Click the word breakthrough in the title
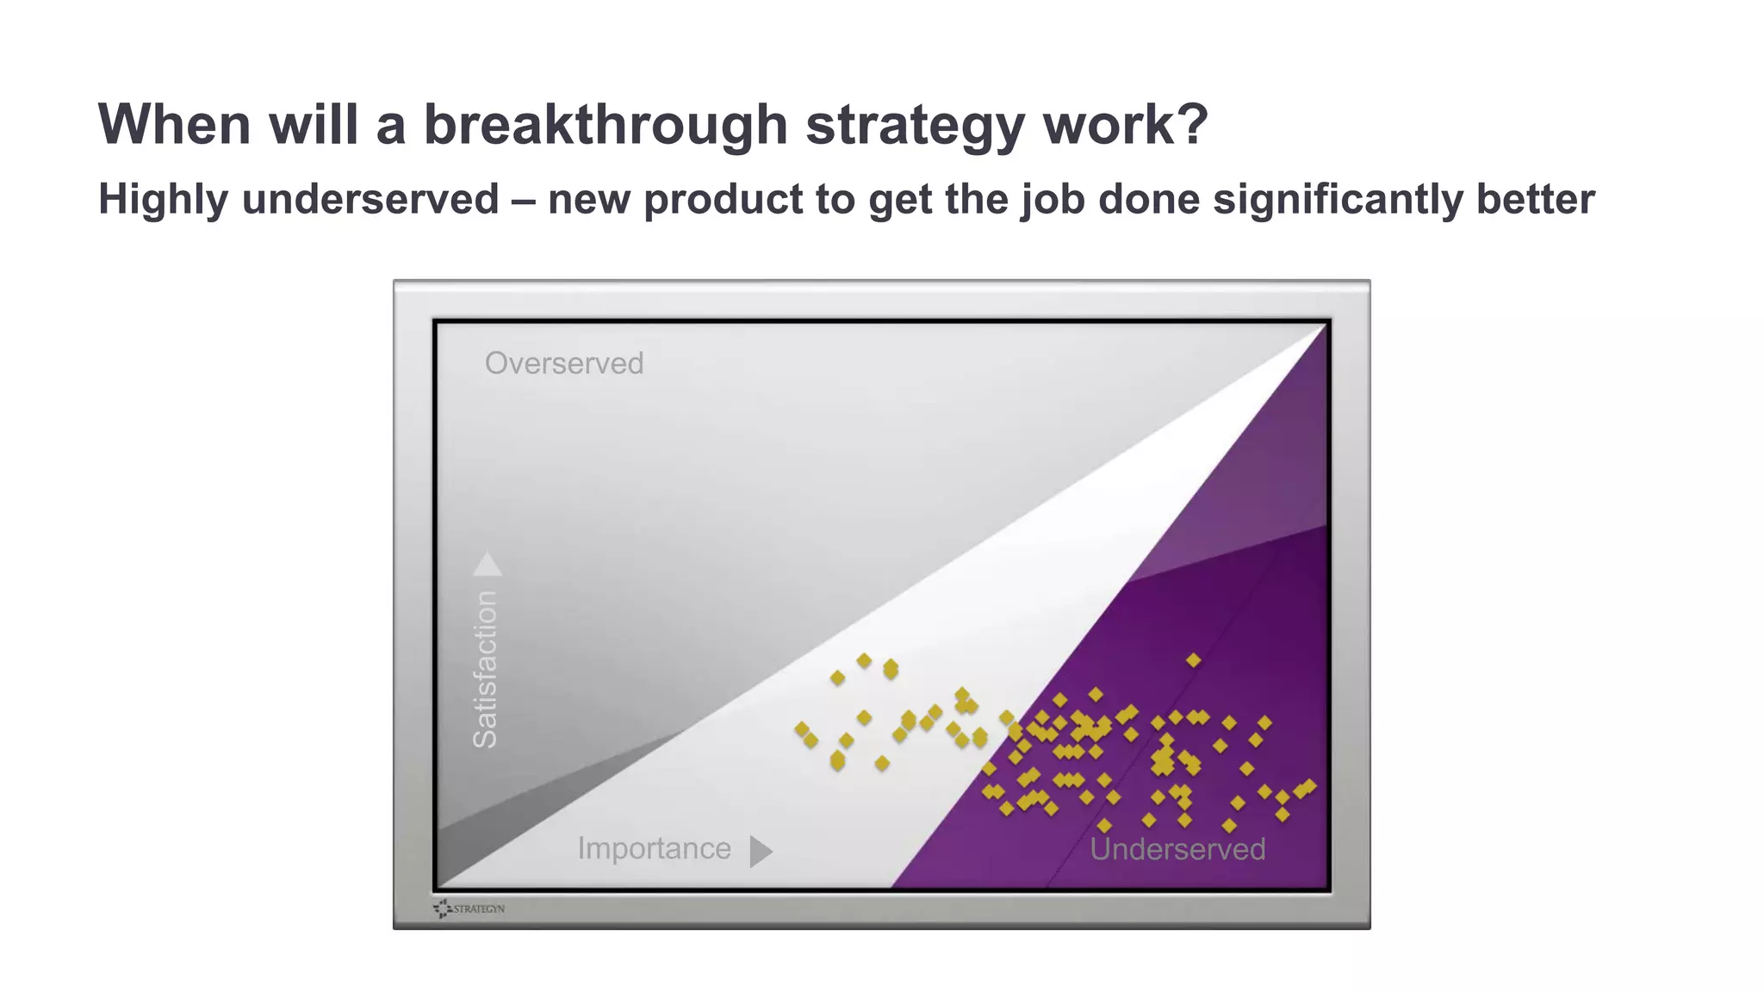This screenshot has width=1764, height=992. tap(606, 125)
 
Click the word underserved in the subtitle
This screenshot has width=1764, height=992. tap(370, 199)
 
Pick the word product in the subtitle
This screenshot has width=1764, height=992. tap(724, 201)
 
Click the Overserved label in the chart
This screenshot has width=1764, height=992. tap(563, 363)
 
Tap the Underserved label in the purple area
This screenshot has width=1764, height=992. tap(1177, 849)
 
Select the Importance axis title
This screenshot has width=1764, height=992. tap(654, 849)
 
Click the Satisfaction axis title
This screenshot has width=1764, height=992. tap(486, 669)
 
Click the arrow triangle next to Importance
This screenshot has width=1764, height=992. tap(760, 852)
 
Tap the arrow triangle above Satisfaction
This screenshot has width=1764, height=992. tap(488, 564)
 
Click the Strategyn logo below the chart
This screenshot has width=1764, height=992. tap(470, 908)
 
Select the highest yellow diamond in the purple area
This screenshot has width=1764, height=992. tap(1193, 660)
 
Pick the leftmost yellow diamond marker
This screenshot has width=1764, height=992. tap(801, 729)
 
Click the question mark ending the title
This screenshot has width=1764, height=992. tap(1192, 125)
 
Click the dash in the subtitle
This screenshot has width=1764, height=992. tap(523, 201)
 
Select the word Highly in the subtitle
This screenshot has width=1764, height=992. tap(164, 201)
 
